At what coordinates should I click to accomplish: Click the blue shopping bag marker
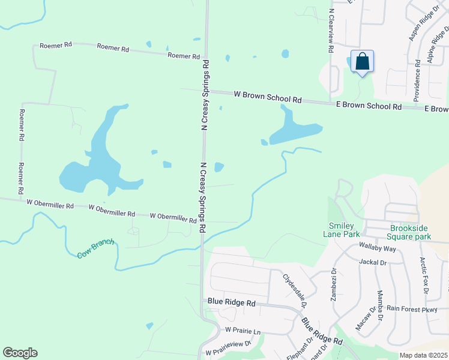[x=362, y=62]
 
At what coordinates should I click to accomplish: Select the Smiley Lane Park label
[x=343, y=230]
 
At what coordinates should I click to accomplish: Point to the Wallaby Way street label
[x=377, y=248]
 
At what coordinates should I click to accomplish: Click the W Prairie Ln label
[x=243, y=331]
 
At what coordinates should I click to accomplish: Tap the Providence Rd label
[x=417, y=80]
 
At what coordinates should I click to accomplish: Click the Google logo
[x=20, y=352]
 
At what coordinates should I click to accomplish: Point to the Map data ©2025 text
[x=423, y=355]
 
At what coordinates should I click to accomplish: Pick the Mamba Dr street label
[x=380, y=305]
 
